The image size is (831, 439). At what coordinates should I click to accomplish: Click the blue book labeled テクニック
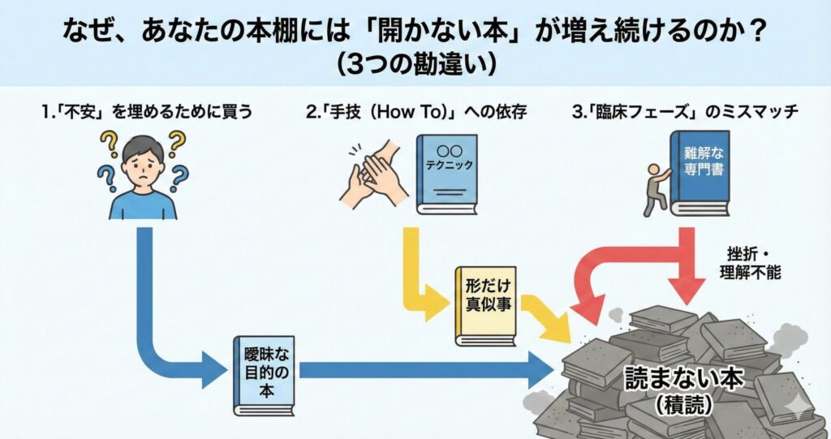pyautogui.click(x=446, y=174)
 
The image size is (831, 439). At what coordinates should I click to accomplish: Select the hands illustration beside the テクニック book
pyautogui.click(x=374, y=174)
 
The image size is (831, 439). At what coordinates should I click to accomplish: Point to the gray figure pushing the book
pyautogui.click(x=653, y=187)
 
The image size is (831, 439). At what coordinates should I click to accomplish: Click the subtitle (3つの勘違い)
pyautogui.click(x=415, y=64)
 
